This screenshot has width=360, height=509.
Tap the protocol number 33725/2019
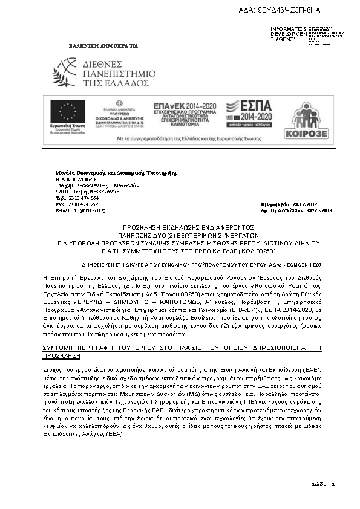coord(318,210)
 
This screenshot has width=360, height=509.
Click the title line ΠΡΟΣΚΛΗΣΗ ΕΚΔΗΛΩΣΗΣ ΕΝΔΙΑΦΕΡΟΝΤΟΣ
coord(181,224)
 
